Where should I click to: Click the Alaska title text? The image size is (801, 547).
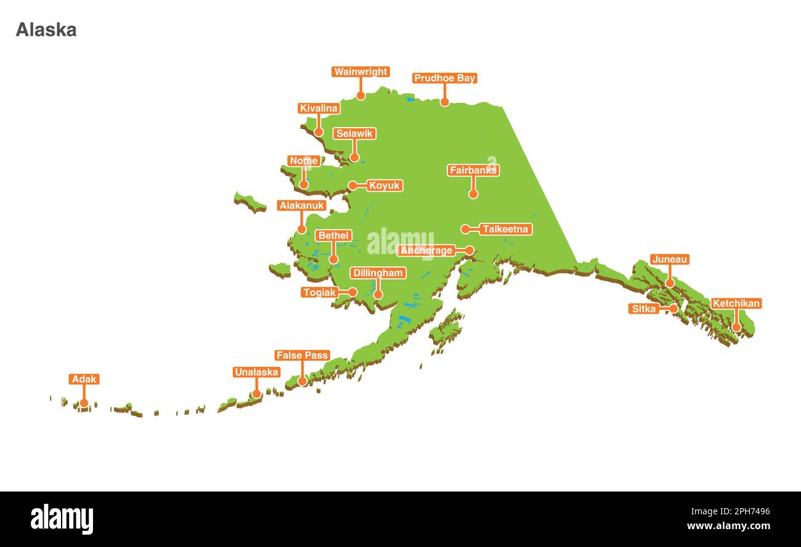click(x=46, y=30)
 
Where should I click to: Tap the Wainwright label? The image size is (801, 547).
click(x=360, y=72)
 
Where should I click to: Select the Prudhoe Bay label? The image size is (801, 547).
click(x=444, y=78)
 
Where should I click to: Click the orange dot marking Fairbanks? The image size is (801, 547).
click(x=473, y=194)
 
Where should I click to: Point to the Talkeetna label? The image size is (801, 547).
click(x=505, y=229)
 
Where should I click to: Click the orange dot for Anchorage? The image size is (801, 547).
click(x=470, y=250)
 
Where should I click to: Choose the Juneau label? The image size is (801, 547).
click(x=669, y=260)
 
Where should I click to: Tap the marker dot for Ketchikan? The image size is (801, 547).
click(x=736, y=327)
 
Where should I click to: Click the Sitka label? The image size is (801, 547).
click(x=644, y=308)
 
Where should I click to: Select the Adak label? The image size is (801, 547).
click(x=84, y=379)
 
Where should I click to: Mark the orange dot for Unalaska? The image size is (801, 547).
click(x=256, y=393)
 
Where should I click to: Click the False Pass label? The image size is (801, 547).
click(x=302, y=355)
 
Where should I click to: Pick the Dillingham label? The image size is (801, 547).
click(x=378, y=273)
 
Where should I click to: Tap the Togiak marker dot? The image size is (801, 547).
click(x=352, y=292)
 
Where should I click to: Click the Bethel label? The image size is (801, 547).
click(x=333, y=236)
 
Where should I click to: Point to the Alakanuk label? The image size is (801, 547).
click(x=301, y=205)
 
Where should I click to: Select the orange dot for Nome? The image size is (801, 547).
click(x=304, y=184)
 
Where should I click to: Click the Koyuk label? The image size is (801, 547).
click(x=384, y=186)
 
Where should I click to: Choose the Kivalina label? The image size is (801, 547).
click(x=319, y=109)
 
